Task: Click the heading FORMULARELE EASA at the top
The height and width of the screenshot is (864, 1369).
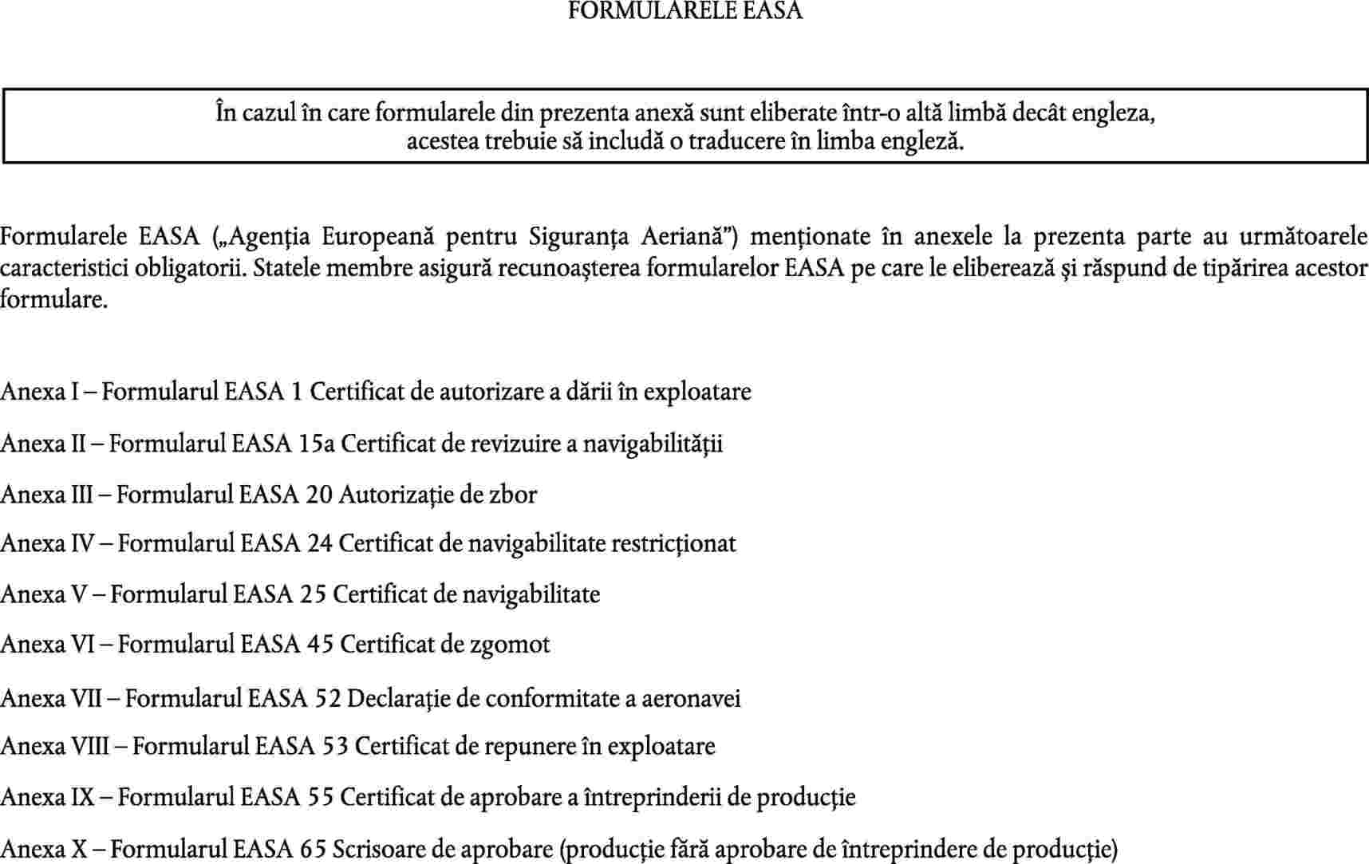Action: [684, 10]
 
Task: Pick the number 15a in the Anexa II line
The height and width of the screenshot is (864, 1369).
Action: [317, 444]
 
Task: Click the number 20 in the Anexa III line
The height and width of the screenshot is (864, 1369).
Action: [319, 495]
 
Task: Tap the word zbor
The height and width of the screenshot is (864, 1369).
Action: [512, 495]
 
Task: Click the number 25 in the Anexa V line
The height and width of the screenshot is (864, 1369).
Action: [314, 595]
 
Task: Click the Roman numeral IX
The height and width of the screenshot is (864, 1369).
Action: [83, 797]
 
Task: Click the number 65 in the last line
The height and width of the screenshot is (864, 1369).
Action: [313, 849]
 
